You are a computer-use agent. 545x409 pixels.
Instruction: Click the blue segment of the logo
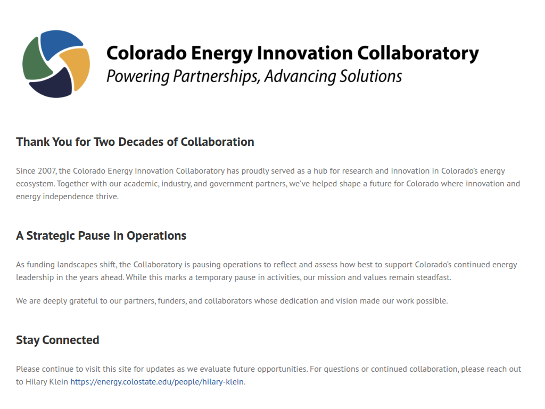[59, 44]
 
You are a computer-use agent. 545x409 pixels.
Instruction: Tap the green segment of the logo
[35, 61]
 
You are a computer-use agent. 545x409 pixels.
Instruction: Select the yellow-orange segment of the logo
[77, 68]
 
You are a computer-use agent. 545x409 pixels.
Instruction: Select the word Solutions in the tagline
[371, 76]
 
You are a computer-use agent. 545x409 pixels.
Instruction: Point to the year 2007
[47, 171]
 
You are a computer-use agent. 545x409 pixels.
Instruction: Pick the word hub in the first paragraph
[320, 171]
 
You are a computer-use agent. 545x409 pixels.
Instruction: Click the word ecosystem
[35, 184]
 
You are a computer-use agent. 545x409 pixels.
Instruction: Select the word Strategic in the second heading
[51, 236]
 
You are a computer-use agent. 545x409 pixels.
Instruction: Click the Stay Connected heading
[57, 340]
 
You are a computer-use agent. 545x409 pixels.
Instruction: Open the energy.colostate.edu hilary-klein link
[157, 382]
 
